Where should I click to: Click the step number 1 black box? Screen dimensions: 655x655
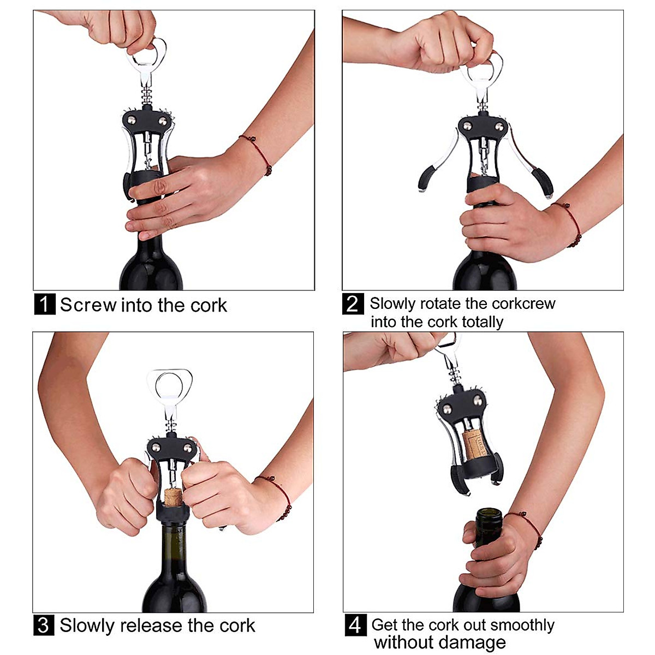point(45,304)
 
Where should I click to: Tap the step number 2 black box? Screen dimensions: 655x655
point(353,303)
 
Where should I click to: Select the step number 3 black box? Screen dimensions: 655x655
point(44,625)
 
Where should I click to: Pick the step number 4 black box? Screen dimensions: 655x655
point(355,625)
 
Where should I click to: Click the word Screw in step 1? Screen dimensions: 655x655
point(88,305)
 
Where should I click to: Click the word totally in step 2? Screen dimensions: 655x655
point(482,322)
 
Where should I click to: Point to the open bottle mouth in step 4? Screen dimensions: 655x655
point(489,514)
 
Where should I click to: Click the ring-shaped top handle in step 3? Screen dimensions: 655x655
point(170,385)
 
